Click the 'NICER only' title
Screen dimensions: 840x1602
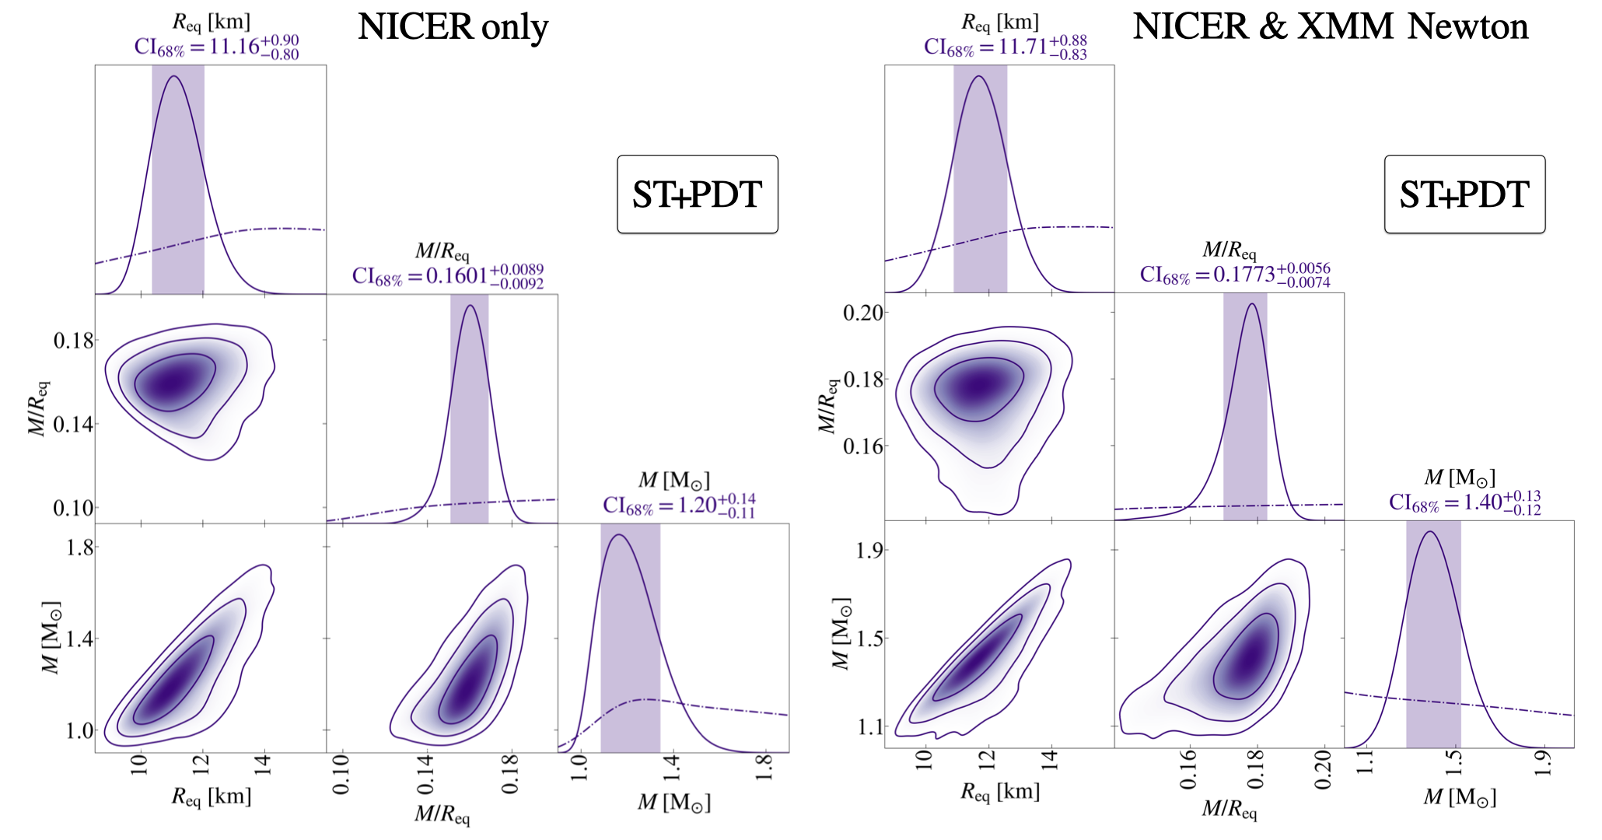tap(453, 28)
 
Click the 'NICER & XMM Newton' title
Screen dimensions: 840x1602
tap(1330, 28)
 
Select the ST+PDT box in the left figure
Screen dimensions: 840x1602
tap(697, 194)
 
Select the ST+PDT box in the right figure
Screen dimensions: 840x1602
tap(1464, 194)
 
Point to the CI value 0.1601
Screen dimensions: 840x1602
tap(448, 277)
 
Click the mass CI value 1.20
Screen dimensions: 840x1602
tap(679, 506)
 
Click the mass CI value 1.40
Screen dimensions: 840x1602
tap(1465, 503)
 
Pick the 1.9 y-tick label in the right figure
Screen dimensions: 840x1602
tap(865, 551)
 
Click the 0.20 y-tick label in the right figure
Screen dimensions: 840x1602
tap(863, 313)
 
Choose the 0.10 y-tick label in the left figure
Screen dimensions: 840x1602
tap(73, 508)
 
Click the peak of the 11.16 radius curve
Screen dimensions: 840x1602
tap(174, 75)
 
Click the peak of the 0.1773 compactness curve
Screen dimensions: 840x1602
tap(1252, 303)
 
